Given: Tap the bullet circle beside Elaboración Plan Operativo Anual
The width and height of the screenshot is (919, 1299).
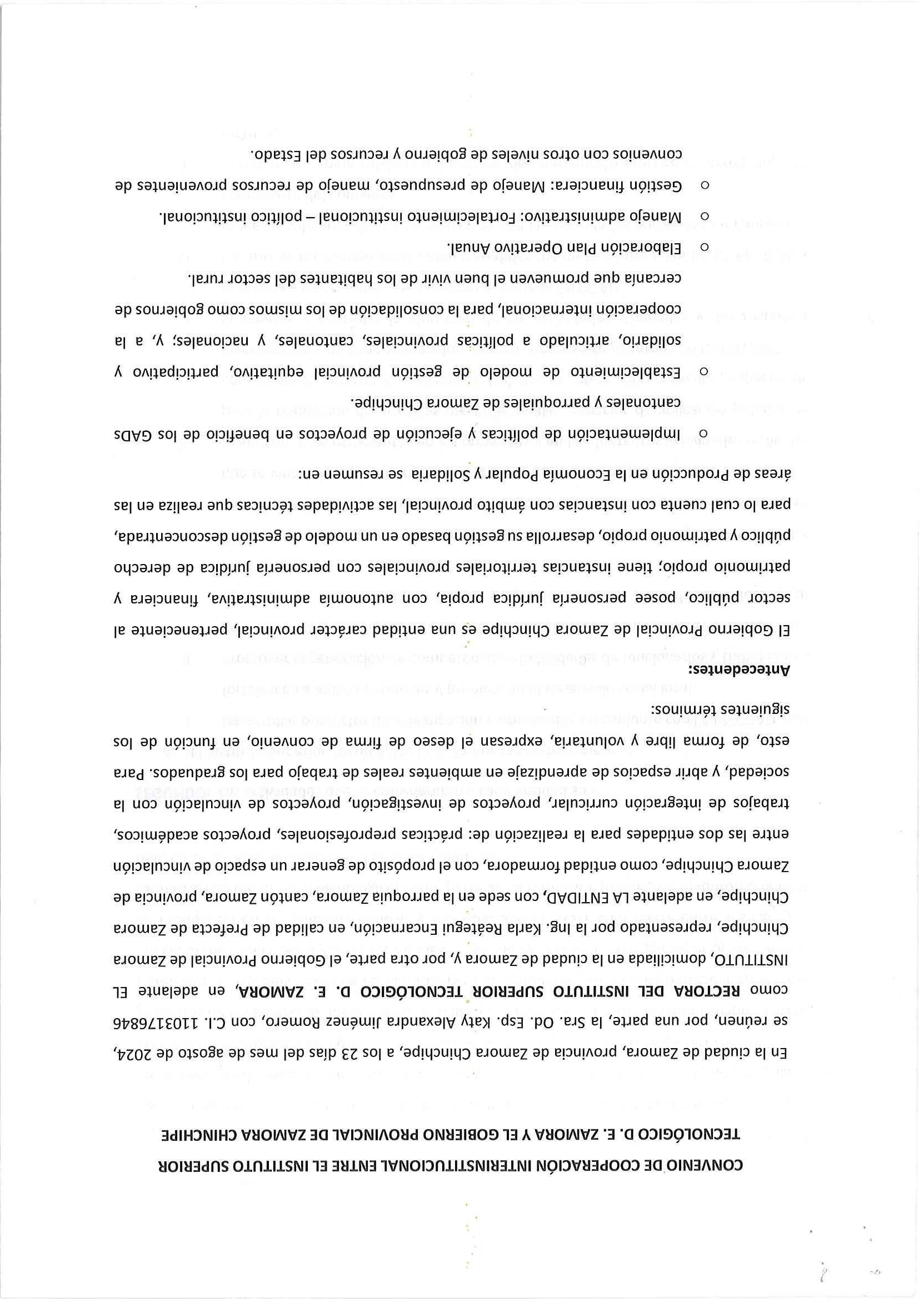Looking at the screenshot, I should pyautogui.click(x=705, y=246).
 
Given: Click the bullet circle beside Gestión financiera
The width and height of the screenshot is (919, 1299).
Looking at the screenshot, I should pyautogui.click(x=705, y=184).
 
